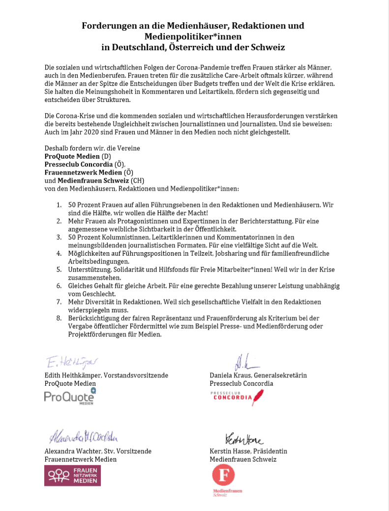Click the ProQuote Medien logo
[69, 397]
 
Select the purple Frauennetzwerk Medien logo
[72, 476]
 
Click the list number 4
[59, 253]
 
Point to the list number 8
[59, 318]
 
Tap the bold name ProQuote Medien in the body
[72, 156]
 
